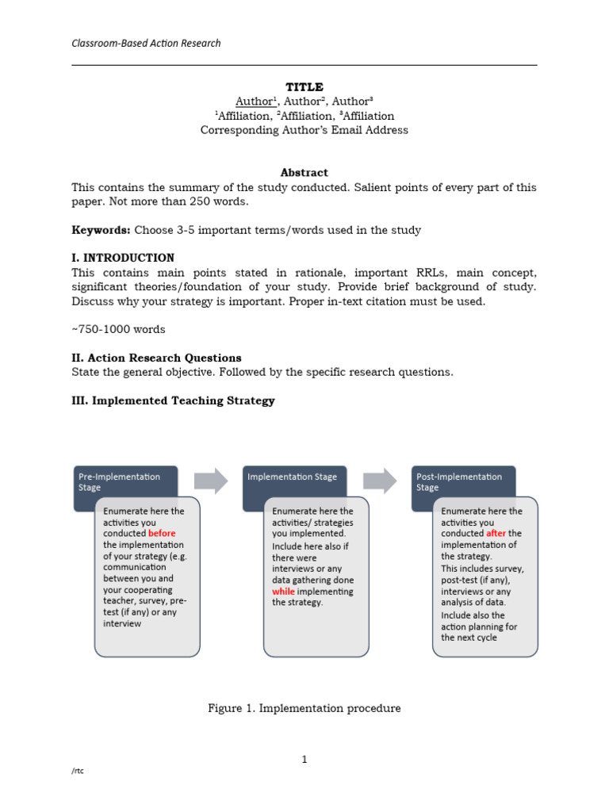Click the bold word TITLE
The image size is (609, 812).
click(304, 86)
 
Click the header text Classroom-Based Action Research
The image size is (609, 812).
click(146, 43)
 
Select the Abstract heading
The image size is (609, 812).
click(304, 172)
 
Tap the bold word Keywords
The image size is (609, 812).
click(100, 230)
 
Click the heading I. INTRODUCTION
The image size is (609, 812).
click(123, 258)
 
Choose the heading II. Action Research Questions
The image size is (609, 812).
click(156, 358)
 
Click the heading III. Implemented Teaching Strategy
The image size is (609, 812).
click(173, 400)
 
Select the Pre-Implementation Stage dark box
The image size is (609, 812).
click(124, 482)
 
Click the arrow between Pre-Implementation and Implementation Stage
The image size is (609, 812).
click(211, 479)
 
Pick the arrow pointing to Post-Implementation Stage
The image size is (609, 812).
click(380, 479)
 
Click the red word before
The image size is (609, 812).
click(162, 534)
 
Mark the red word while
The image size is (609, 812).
click(283, 591)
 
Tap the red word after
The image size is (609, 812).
click(496, 534)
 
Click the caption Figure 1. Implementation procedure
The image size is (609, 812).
click(304, 708)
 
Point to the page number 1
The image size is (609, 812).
click(304, 760)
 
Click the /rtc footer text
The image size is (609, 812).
click(77, 772)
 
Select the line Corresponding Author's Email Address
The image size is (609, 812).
click(304, 130)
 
